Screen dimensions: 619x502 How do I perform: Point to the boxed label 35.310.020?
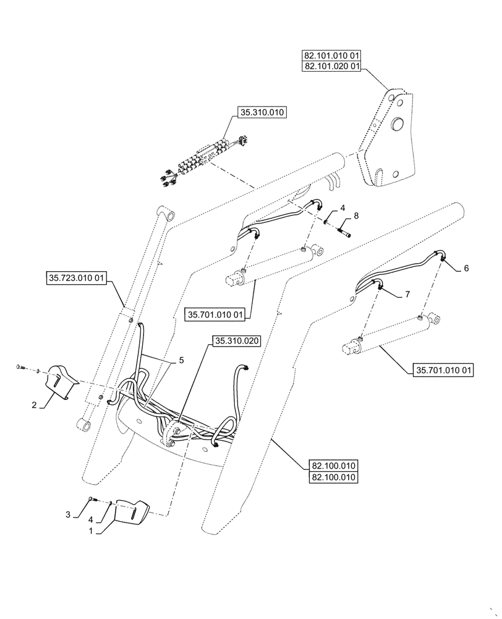pos(237,341)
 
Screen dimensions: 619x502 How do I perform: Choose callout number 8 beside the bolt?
pos(356,217)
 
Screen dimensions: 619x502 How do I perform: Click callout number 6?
pos(466,268)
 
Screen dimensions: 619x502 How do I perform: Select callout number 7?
pos(408,296)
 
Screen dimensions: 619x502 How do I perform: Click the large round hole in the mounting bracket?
pos(396,124)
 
